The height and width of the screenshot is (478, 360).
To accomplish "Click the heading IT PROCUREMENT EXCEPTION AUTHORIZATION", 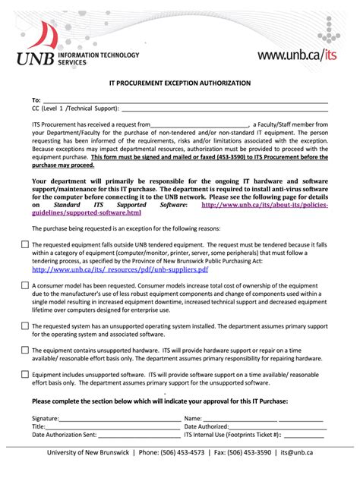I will click(180, 81).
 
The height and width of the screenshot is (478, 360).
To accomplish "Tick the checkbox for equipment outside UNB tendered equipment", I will click(25, 244).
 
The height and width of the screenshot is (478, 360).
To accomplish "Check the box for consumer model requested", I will click(25, 285).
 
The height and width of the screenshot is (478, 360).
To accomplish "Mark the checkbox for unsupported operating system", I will click(25, 325).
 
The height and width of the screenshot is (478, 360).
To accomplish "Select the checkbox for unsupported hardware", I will click(25, 350).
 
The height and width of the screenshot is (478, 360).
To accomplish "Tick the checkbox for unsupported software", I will click(25, 374).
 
